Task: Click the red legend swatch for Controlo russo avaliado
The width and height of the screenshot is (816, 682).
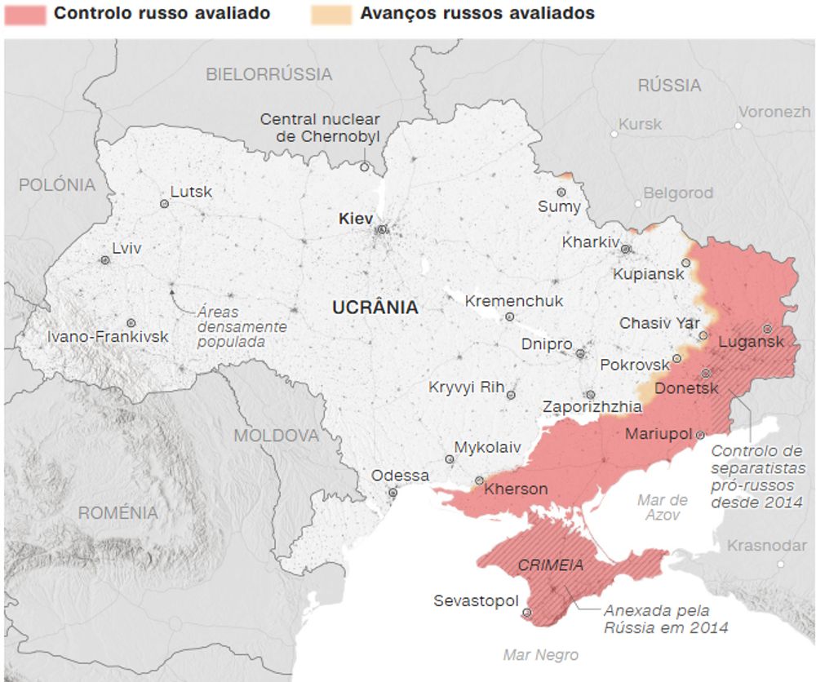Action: coord(24,14)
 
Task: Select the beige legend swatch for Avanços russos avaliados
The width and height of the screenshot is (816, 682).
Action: coord(330,14)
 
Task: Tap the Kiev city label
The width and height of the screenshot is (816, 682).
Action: coord(355,219)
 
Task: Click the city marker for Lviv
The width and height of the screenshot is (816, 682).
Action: coord(105,260)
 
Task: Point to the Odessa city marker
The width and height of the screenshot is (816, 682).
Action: coord(392,493)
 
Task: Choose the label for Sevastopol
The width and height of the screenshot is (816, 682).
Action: coord(476,601)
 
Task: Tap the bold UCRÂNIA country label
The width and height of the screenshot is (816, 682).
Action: coord(375,308)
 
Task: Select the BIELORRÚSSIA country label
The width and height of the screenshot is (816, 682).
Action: coord(269,74)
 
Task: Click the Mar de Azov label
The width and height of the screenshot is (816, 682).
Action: coord(662,507)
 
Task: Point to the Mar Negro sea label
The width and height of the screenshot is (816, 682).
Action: coord(540,654)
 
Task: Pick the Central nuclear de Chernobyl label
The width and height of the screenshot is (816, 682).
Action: coord(320,128)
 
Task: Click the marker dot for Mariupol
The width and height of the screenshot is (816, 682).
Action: coord(700,436)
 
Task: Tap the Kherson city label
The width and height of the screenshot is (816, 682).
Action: coord(516,489)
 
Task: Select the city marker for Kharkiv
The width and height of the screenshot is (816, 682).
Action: coord(626,250)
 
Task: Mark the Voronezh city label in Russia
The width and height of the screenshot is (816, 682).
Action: coord(774,113)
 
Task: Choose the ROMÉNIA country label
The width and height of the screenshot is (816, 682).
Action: coord(118,513)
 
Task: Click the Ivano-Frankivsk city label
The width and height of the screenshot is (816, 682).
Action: coord(108,337)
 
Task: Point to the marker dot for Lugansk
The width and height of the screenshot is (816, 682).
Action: coord(767,329)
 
